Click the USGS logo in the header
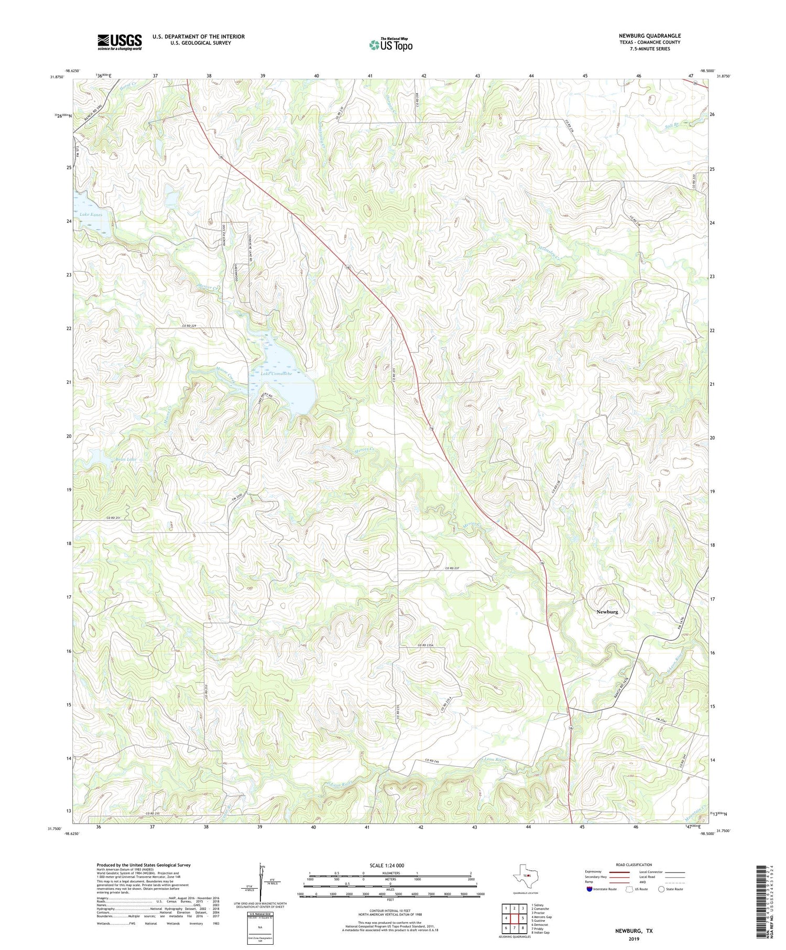tap(119, 42)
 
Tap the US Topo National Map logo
tap(390, 45)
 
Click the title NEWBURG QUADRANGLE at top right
tap(649, 36)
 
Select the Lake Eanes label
tap(91, 215)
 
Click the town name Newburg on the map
tap(607, 612)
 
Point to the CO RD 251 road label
tap(113, 518)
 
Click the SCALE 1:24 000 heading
tap(387, 865)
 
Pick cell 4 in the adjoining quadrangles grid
tap(506, 918)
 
